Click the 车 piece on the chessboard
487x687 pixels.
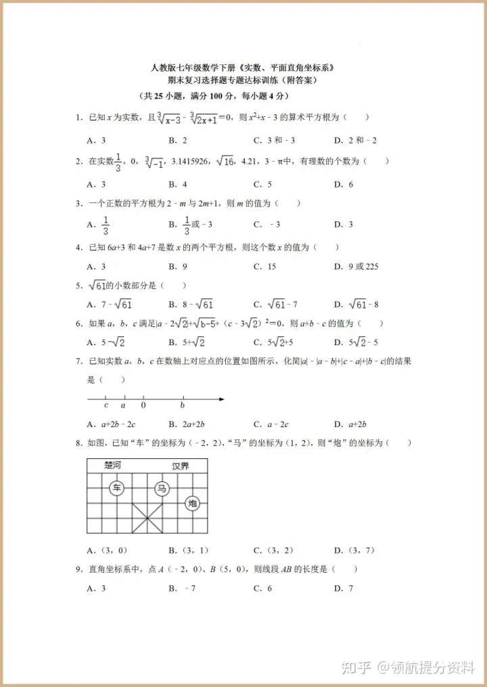pyautogui.click(x=118, y=488)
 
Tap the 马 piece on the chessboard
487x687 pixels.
pyautogui.click(x=161, y=488)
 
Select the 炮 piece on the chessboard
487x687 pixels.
pyautogui.click(x=193, y=503)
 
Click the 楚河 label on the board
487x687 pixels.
pyautogui.click(x=113, y=466)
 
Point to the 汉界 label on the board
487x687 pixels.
pyautogui.click(x=180, y=466)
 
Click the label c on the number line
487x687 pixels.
pyautogui.click(x=106, y=405)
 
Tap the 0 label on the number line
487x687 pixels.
pyautogui.click(x=143, y=405)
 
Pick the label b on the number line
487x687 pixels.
pyautogui.click(x=183, y=405)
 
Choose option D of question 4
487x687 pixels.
pyautogui.click(x=356, y=267)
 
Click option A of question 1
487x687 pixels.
pyautogui.click(x=96, y=141)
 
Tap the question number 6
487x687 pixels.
pyautogui.click(x=79, y=324)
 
